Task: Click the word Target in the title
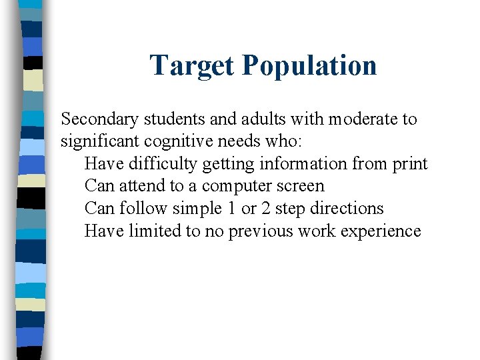pos(191,65)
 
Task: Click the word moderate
pos(366,119)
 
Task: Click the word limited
pos(151,231)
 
